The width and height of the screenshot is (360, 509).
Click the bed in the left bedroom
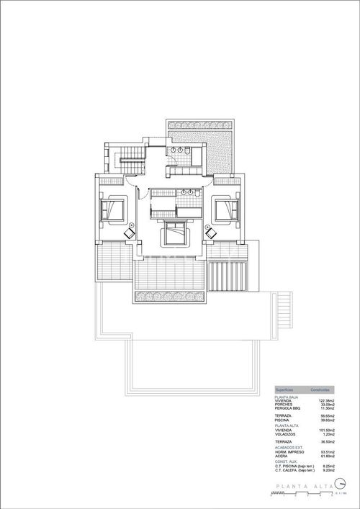pyautogui.click(x=114, y=210)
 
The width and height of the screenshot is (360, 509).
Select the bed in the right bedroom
pyautogui.click(x=228, y=210)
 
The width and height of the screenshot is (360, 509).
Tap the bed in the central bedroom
pyautogui.click(x=175, y=233)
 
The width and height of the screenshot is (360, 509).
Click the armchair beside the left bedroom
pyautogui.click(x=130, y=233)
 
